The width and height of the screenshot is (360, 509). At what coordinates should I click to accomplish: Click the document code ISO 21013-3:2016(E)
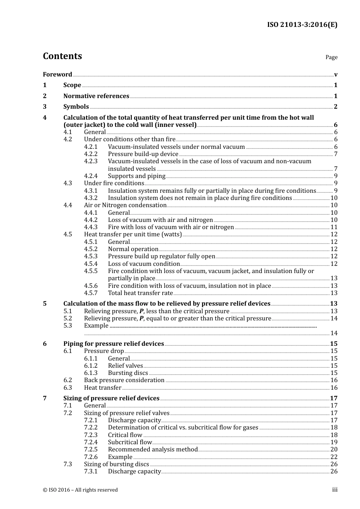pos(302,25)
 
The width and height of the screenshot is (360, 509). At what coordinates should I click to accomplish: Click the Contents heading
pos(62,56)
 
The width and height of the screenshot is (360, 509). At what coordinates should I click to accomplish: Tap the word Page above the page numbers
pos(331,57)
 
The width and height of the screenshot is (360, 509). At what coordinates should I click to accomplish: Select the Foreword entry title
pos(57,74)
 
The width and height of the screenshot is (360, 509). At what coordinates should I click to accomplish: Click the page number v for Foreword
pos(336,75)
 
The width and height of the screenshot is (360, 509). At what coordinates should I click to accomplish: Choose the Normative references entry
pos(96,96)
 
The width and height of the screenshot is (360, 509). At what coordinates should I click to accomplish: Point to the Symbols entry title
pos(76,106)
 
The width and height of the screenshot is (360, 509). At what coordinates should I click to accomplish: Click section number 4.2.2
pos(91,154)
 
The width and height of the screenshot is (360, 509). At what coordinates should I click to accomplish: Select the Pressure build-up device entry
pos(143,154)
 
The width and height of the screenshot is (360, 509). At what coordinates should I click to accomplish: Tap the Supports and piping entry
pos(136,176)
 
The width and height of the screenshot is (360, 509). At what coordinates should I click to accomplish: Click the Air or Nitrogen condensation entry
pos(125,205)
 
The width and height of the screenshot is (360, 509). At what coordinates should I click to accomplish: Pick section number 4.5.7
pos(91,293)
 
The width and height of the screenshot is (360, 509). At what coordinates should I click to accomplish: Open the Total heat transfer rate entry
pos(140,293)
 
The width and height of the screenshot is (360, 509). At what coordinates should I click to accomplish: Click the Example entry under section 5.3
pos(96,325)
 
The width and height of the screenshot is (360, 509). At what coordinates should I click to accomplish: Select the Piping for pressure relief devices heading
pos(113,343)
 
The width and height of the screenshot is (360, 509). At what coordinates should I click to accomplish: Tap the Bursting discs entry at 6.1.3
pos(128,373)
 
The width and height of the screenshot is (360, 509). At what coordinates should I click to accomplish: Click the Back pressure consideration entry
pos(124,380)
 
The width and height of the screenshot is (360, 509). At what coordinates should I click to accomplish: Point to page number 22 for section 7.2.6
pos(334,457)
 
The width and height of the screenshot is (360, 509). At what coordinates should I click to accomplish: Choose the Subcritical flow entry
pos(130,442)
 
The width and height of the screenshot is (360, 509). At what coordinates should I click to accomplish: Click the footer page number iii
pos(335,490)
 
